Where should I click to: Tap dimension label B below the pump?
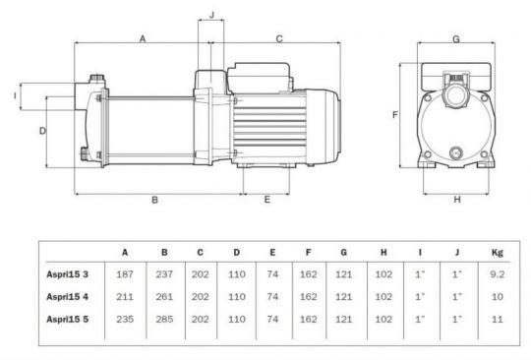[154, 201]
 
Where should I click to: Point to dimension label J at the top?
[211, 17]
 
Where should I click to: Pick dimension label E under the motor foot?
[266, 201]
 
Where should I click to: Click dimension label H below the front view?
[456, 201]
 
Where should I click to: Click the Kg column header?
[497, 252]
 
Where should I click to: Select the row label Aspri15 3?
[69, 274]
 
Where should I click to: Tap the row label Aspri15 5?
[69, 320]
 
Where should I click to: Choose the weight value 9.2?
[497, 274]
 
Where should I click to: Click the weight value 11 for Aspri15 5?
[497, 320]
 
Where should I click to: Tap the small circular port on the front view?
[455, 151]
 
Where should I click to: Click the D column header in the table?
[236, 252]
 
